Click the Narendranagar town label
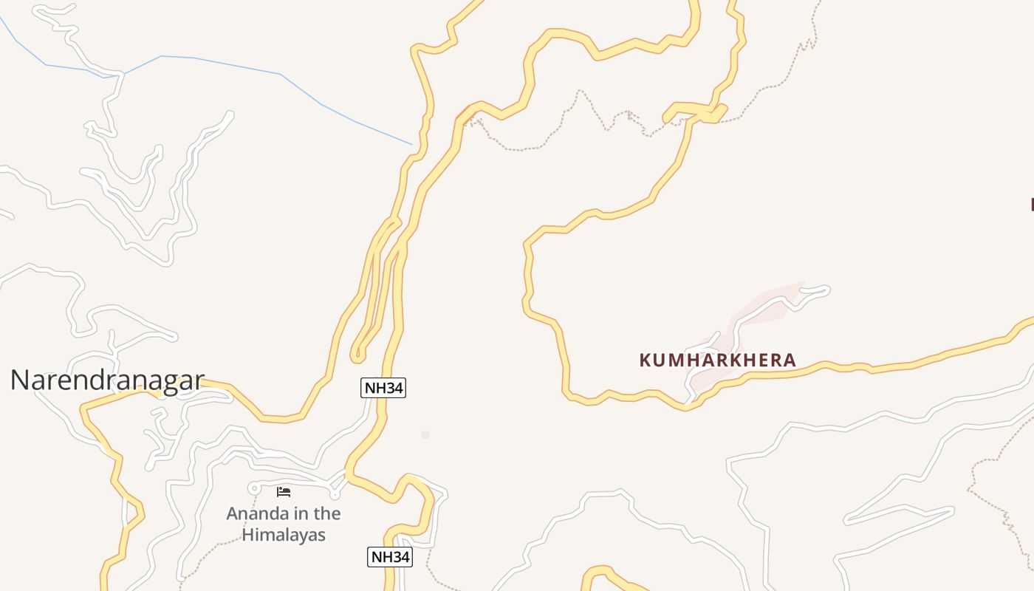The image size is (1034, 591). (107, 380)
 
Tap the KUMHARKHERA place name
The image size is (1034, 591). (717, 361)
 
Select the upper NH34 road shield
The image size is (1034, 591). (383, 387)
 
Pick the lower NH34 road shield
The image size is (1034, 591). (389, 557)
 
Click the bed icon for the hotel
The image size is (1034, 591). (284, 491)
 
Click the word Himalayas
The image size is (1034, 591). (284, 535)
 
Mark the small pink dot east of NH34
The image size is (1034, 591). (425, 434)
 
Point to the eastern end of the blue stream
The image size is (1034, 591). (411, 144)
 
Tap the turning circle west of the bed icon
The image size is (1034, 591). (254, 488)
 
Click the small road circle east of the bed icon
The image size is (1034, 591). (335, 494)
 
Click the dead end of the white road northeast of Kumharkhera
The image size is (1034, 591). (826, 290)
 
